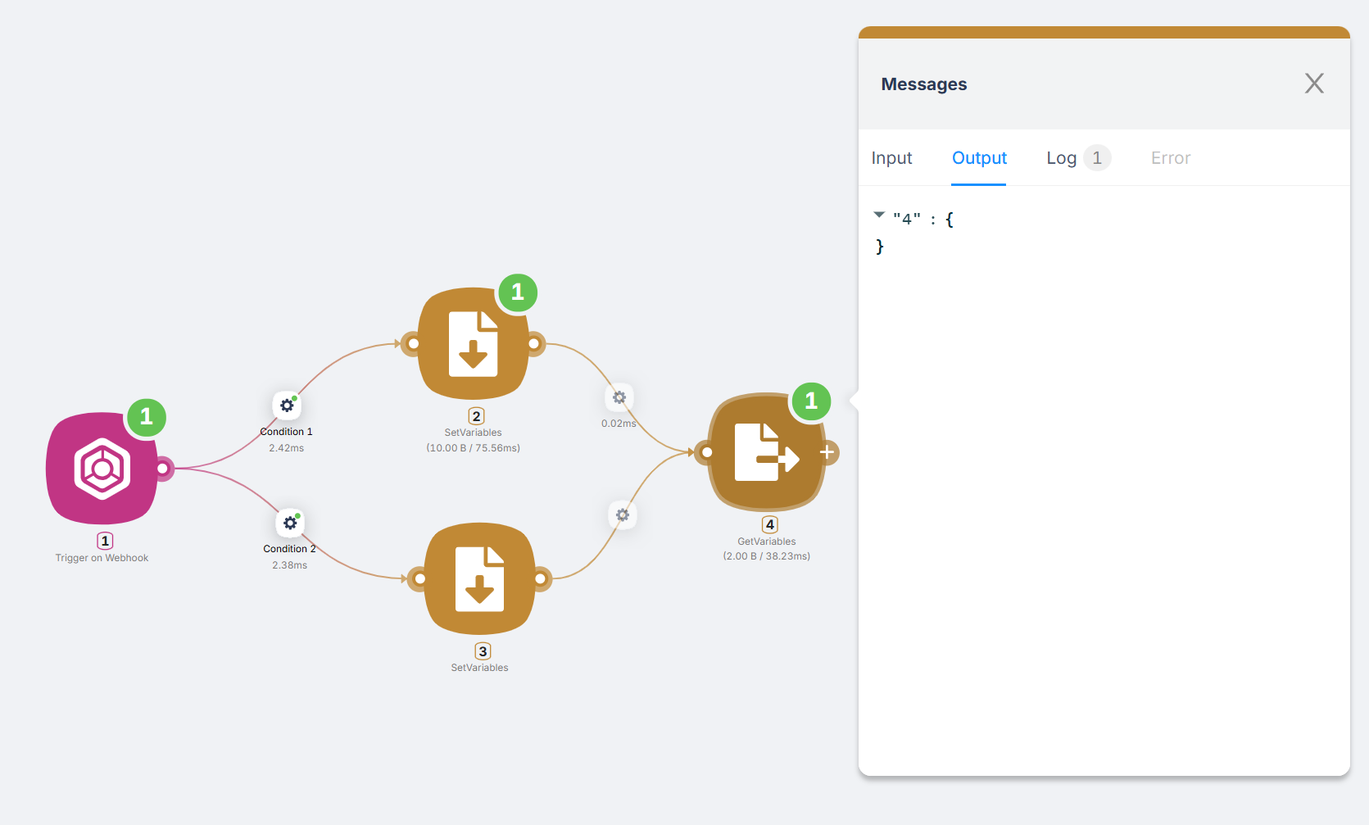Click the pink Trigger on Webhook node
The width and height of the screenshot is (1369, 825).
click(x=102, y=468)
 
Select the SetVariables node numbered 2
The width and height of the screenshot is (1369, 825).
click(x=473, y=343)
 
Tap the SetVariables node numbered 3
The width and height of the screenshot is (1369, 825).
click(x=480, y=578)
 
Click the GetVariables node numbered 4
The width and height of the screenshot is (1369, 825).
click(x=766, y=452)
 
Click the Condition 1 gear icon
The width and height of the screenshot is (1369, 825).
click(x=287, y=406)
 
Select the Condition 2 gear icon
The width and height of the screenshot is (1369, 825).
click(x=290, y=523)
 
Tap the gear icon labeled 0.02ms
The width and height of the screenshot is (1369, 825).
click(x=619, y=398)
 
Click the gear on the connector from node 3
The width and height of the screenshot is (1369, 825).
click(x=622, y=515)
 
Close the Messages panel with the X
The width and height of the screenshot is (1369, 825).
click(x=1314, y=83)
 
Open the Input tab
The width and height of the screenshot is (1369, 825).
click(x=891, y=157)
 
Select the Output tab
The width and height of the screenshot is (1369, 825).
click(x=979, y=157)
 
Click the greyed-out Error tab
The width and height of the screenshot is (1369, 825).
click(x=1171, y=157)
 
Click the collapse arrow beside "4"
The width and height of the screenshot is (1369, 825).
click(x=879, y=215)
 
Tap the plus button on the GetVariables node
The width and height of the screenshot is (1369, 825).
click(x=827, y=452)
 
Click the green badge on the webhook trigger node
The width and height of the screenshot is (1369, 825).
click(x=147, y=417)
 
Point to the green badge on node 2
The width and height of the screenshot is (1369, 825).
click(x=518, y=292)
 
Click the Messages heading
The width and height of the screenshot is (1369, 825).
click(x=923, y=84)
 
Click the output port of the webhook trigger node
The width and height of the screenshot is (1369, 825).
click(x=162, y=469)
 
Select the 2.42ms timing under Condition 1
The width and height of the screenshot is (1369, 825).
click(x=286, y=448)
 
